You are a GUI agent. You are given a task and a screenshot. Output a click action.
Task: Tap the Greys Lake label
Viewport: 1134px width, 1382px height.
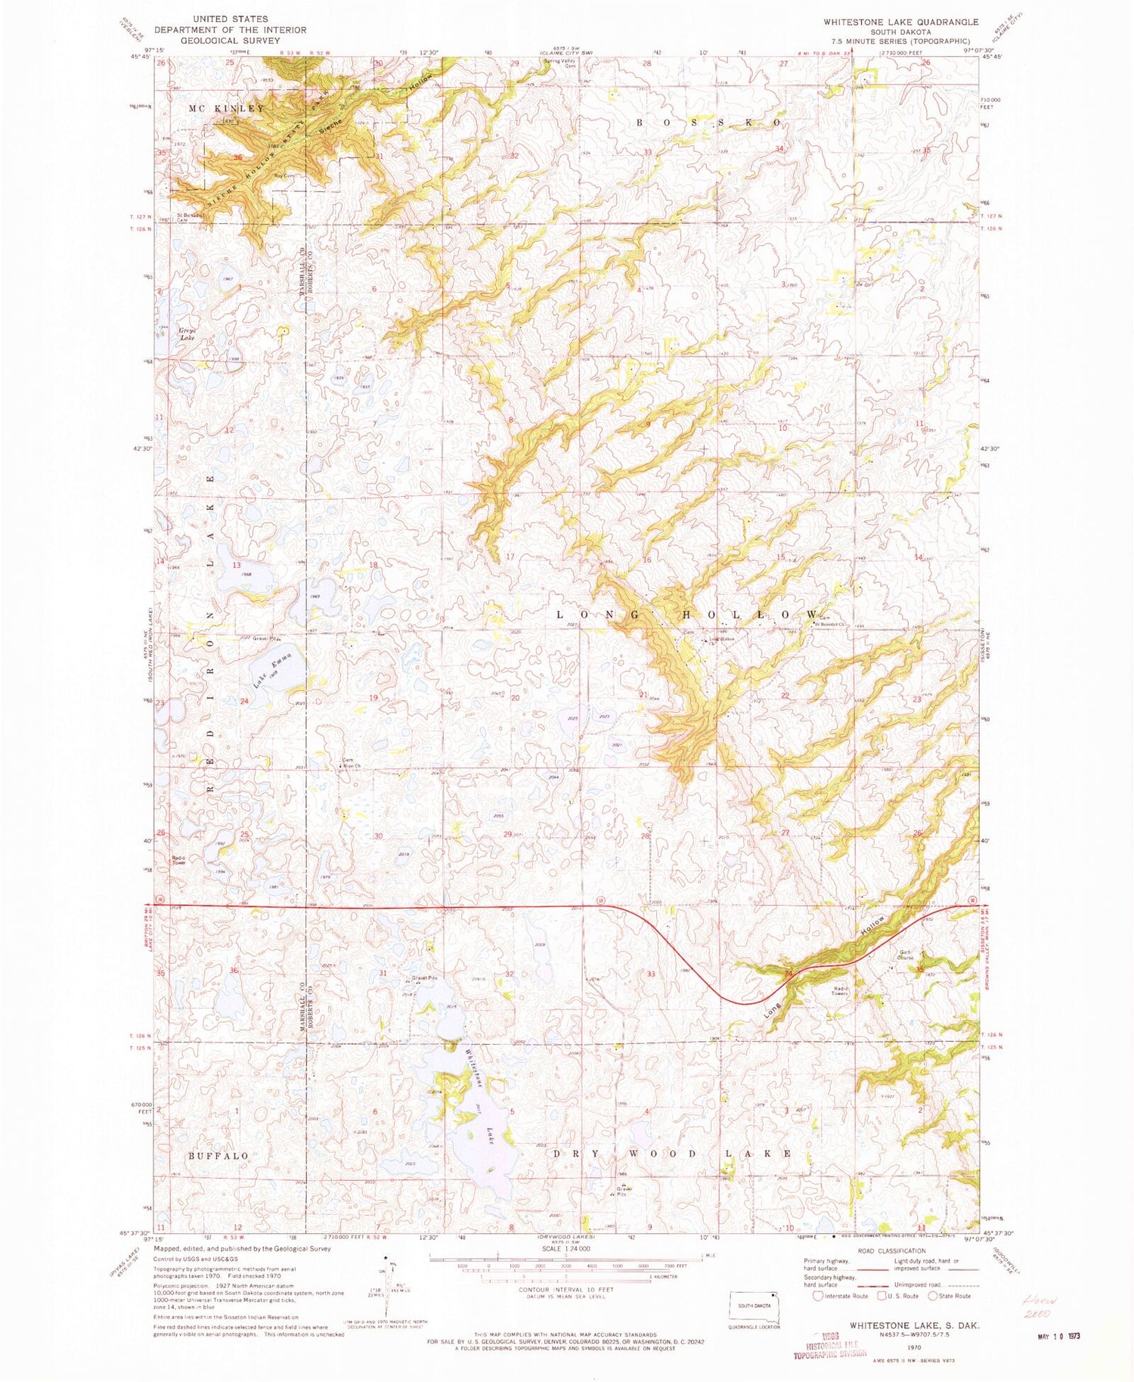coord(187,333)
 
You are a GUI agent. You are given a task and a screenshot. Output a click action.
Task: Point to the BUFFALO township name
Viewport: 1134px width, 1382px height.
coord(218,1156)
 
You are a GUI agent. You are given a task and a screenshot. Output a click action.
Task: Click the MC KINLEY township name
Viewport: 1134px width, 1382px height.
coord(226,109)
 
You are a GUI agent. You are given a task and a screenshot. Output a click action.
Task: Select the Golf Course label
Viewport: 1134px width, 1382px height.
coord(906,955)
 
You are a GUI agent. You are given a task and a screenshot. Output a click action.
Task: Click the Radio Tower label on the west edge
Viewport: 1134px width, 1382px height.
coord(179,860)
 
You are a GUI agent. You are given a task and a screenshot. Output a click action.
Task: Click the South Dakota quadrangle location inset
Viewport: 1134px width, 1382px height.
coord(754,1306)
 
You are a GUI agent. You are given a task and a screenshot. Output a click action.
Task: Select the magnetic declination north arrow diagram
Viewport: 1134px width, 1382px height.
coord(392,1285)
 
